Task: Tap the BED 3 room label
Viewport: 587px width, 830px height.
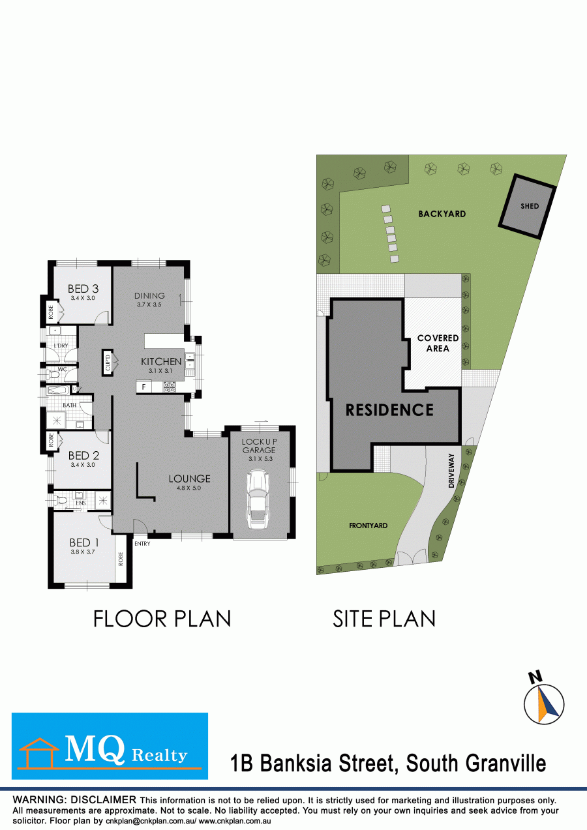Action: tap(83, 289)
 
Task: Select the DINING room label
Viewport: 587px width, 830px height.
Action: tap(149, 296)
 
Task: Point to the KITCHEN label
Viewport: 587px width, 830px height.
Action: tap(161, 361)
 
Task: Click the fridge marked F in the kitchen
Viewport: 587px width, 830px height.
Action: tap(143, 387)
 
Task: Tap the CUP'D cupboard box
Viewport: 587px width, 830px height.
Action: tap(108, 363)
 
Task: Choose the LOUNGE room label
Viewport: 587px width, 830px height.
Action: tap(189, 479)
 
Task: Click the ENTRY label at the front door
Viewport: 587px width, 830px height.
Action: tap(142, 544)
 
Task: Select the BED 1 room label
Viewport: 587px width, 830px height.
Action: tap(84, 543)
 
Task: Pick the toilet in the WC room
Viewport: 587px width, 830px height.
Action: tap(53, 374)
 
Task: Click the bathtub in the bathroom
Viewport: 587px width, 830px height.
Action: tap(58, 391)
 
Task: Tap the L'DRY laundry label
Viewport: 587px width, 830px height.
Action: tap(61, 346)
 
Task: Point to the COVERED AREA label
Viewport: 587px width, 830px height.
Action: tap(438, 343)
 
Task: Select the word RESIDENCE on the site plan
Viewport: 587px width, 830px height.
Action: tap(389, 410)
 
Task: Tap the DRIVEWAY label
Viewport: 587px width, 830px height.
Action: tap(451, 470)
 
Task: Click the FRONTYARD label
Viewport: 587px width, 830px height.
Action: tap(368, 526)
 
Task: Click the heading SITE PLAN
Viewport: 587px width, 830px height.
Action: tap(384, 619)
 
